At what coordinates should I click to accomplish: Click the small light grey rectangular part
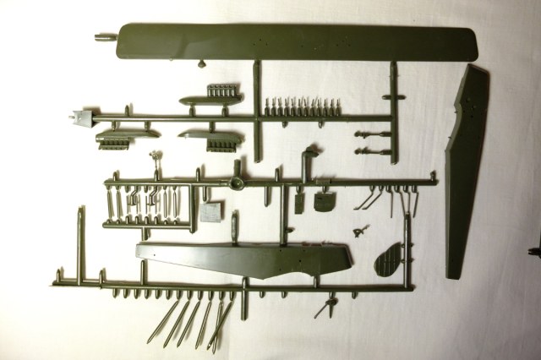point(212,210)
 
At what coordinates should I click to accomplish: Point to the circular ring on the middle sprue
point(237,183)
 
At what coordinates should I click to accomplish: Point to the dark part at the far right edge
point(534,249)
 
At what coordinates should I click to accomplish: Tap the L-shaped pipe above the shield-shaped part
point(309,161)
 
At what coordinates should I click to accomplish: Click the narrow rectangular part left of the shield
point(300,201)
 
